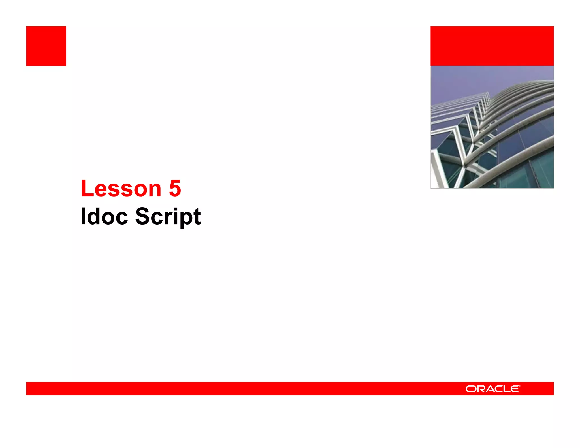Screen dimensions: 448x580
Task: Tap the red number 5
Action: pyautogui.click(x=175, y=188)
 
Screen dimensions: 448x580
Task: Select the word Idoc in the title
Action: pyautogui.click(x=104, y=217)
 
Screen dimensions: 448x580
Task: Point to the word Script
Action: pyautogui.click(x=168, y=217)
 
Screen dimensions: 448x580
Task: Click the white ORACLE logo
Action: pyautogui.click(x=493, y=389)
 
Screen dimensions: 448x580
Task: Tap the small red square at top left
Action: pyautogui.click(x=46, y=46)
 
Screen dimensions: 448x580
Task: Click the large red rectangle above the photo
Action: pyautogui.click(x=492, y=46)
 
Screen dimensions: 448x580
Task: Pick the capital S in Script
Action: pyautogui.click(x=142, y=217)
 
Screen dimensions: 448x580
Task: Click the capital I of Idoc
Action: pyautogui.click(x=83, y=217)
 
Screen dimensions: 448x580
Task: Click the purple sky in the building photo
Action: pyautogui.click(x=464, y=79)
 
